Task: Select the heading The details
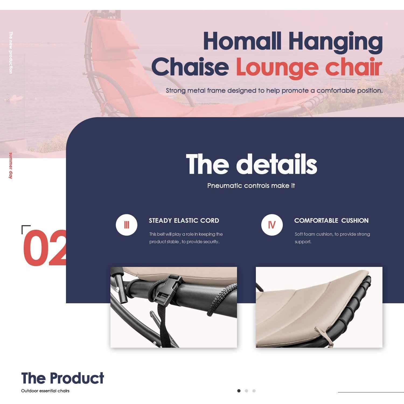pyautogui.click(x=251, y=164)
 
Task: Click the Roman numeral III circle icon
pyautogui.click(x=127, y=225)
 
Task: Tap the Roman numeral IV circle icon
pyautogui.click(x=272, y=225)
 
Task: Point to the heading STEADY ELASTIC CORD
pyautogui.click(x=184, y=221)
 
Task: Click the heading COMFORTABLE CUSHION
pyautogui.click(x=331, y=221)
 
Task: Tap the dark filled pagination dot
pyautogui.click(x=239, y=391)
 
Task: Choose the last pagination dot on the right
pyautogui.click(x=254, y=391)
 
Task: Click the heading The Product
pyautogui.click(x=62, y=378)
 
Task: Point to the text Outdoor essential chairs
pyautogui.click(x=45, y=391)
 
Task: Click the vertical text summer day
pyautogui.click(x=11, y=166)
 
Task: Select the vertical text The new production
pyautogui.click(x=11, y=53)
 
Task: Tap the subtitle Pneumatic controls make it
pyautogui.click(x=251, y=186)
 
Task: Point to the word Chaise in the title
pyautogui.click(x=190, y=67)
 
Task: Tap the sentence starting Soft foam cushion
pyautogui.click(x=332, y=238)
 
